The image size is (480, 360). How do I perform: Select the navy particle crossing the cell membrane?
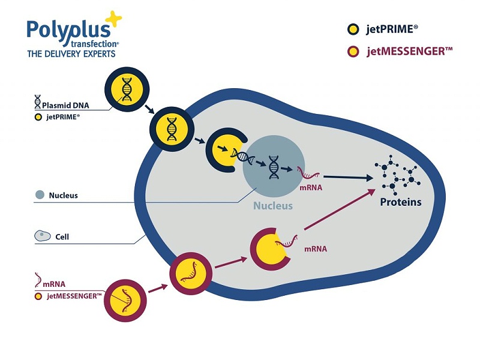[172, 128]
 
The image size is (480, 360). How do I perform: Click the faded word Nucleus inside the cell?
[272, 206]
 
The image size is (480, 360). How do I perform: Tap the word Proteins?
[401, 202]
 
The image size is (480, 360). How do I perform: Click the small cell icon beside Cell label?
[41, 236]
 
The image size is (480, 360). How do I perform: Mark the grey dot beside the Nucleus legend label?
[40, 195]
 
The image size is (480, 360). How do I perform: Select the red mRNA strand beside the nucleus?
[310, 175]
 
